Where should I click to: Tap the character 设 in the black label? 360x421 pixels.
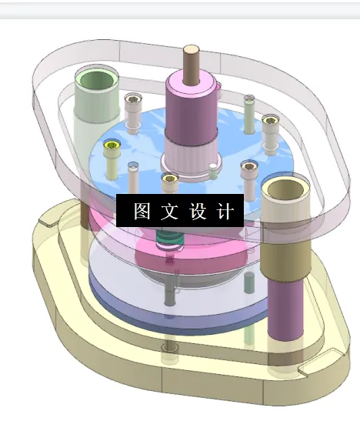tap(197, 212)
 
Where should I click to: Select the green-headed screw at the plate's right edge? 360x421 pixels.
tap(269, 120)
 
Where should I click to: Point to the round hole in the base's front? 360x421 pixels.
tap(168, 349)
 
